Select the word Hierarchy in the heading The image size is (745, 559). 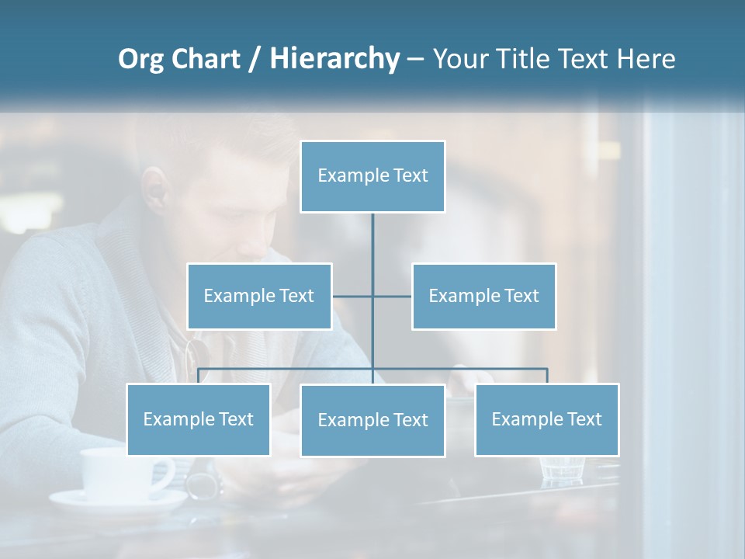[x=334, y=59]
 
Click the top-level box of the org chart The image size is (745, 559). [x=372, y=176]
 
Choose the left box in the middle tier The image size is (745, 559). [x=259, y=296]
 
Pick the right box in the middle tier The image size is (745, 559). [x=483, y=296]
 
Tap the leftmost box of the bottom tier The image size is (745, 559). [x=198, y=419]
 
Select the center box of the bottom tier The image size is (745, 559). [x=372, y=420]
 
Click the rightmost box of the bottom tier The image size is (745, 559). [x=546, y=419]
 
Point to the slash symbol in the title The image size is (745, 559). [x=253, y=59]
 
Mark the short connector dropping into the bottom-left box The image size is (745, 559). [x=198, y=376]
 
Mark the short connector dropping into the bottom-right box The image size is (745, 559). [x=547, y=376]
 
